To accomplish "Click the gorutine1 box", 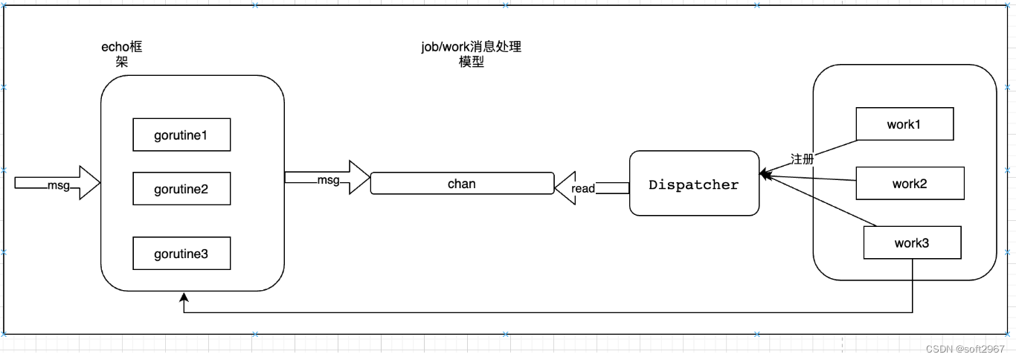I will click(181, 135).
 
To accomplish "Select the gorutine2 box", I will click(181, 189).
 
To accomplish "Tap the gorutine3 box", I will click(181, 254).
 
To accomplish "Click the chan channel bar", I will click(462, 183).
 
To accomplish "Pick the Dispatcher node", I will click(694, 184).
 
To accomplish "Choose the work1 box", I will click(904, 124).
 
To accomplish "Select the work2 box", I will click(910, 183).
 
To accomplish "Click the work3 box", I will click(912, 242).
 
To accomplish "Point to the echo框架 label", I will click(122, 54).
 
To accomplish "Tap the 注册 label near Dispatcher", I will click(802, 159).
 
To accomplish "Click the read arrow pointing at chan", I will click(588, 187).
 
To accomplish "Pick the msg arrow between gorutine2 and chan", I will click(327, 179).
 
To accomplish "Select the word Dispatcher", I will click(694, 184).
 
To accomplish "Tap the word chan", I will click(461, 183).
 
